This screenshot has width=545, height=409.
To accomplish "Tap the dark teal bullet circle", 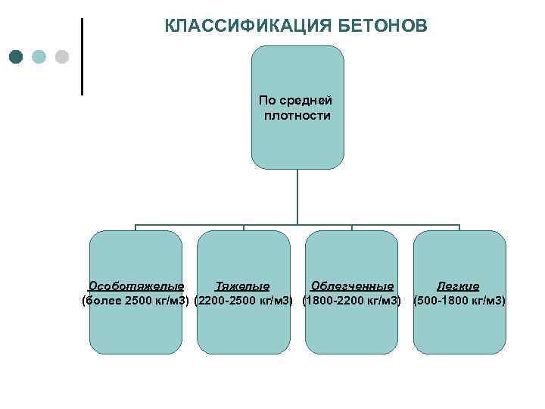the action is click(x=17, y=57).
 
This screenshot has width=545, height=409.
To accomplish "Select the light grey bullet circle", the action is click(x=62, y=57).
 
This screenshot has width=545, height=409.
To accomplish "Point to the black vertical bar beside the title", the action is click(x=82, y=56).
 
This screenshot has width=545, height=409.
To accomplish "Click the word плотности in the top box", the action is click(x=297, y=115).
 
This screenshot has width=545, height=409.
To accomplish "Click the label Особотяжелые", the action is click(x=136, y=286).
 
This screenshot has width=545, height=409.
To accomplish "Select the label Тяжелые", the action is click(x=242, y=286).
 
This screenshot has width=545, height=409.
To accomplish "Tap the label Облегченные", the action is click(x=352, y=286).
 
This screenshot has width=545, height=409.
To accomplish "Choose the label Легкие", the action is click(x=459, y=286).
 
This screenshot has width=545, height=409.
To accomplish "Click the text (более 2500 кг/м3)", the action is click(x=135, y=301).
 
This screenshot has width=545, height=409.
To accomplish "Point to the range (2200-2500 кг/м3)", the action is click(x=244, y=301).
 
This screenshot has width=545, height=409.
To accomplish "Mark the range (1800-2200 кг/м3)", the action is click(x=351, y=301).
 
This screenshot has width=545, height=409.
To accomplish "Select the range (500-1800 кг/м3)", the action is click(x=459, y=301).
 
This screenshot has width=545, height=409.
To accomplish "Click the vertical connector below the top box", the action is click(x=297, y=197).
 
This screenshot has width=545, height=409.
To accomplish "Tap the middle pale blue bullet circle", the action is click(x=39, y=57).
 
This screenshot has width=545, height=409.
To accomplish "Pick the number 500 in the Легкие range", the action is click(x=427, y=301).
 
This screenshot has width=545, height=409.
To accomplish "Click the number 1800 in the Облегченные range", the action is click(x=319, y=301).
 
